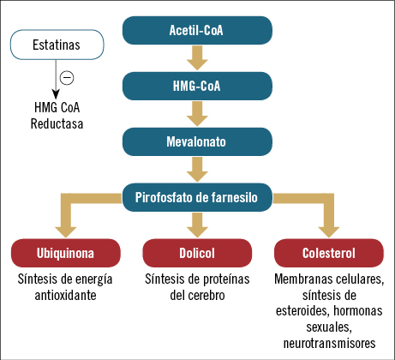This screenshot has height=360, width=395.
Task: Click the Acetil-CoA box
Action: [x=197, y=30]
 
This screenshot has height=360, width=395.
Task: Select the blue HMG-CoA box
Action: [x=197, y=86]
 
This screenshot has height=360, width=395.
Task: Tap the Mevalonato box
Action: [x=197, y=141]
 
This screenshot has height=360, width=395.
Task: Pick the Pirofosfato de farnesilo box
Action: [x=197, y=197]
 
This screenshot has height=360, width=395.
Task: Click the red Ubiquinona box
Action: [x=66, y=253]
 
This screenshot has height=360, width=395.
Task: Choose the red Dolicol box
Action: [x=197, y=253]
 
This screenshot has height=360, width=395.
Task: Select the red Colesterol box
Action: [x=329, y=253]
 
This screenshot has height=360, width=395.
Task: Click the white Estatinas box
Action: [x=57, y=45]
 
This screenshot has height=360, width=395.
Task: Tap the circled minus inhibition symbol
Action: [x=67, y=77]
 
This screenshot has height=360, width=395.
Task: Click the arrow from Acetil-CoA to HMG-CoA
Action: [x=197, y=58]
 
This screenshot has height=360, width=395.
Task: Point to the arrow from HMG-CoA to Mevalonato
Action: [x=197, y=114]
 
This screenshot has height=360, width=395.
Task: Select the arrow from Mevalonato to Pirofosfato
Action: [x=197, y=170]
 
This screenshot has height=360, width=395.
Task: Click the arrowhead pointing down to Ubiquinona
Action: [x=66, y=232]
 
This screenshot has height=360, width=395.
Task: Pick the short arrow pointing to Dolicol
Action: [x=197, y=225]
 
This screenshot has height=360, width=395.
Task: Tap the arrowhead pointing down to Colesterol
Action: [x=329, y=232]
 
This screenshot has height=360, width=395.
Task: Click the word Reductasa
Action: [x=57, y=123]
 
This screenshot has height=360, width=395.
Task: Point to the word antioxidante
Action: [x=65, y=295]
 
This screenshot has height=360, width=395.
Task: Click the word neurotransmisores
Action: [x=329, y=343]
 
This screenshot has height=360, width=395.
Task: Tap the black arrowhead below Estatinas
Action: [x=56, y=94]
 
